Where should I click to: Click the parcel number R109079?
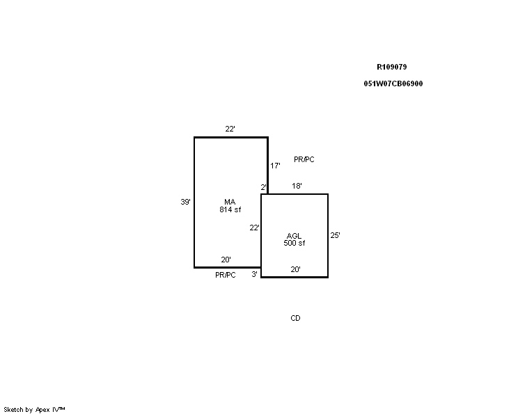pos(392,67)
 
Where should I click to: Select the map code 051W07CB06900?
pos(393,84)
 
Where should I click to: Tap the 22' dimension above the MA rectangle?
pos(230,129)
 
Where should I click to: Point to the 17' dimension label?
pos(275,166)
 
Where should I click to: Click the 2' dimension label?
pos(263,188)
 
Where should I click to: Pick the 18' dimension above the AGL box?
pos(297,186)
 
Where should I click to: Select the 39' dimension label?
pos(185,202)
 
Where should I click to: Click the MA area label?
pos(230,202)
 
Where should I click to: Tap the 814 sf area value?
pos(230,209)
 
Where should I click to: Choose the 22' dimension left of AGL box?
pos(254,228)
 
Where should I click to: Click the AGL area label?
pos(294,236)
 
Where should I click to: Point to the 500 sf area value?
pos(295,244)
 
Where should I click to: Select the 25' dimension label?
pos(336,235)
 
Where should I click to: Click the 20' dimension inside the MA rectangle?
pos(226,260)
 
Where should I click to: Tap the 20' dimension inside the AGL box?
pos(295,270)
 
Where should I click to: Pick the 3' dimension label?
pos(254,274)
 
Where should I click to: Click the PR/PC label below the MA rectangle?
pos(226,275)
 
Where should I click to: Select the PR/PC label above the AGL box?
pos(304,160)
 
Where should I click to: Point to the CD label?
pos(295,318)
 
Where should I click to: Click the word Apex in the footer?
pos(43,410)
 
